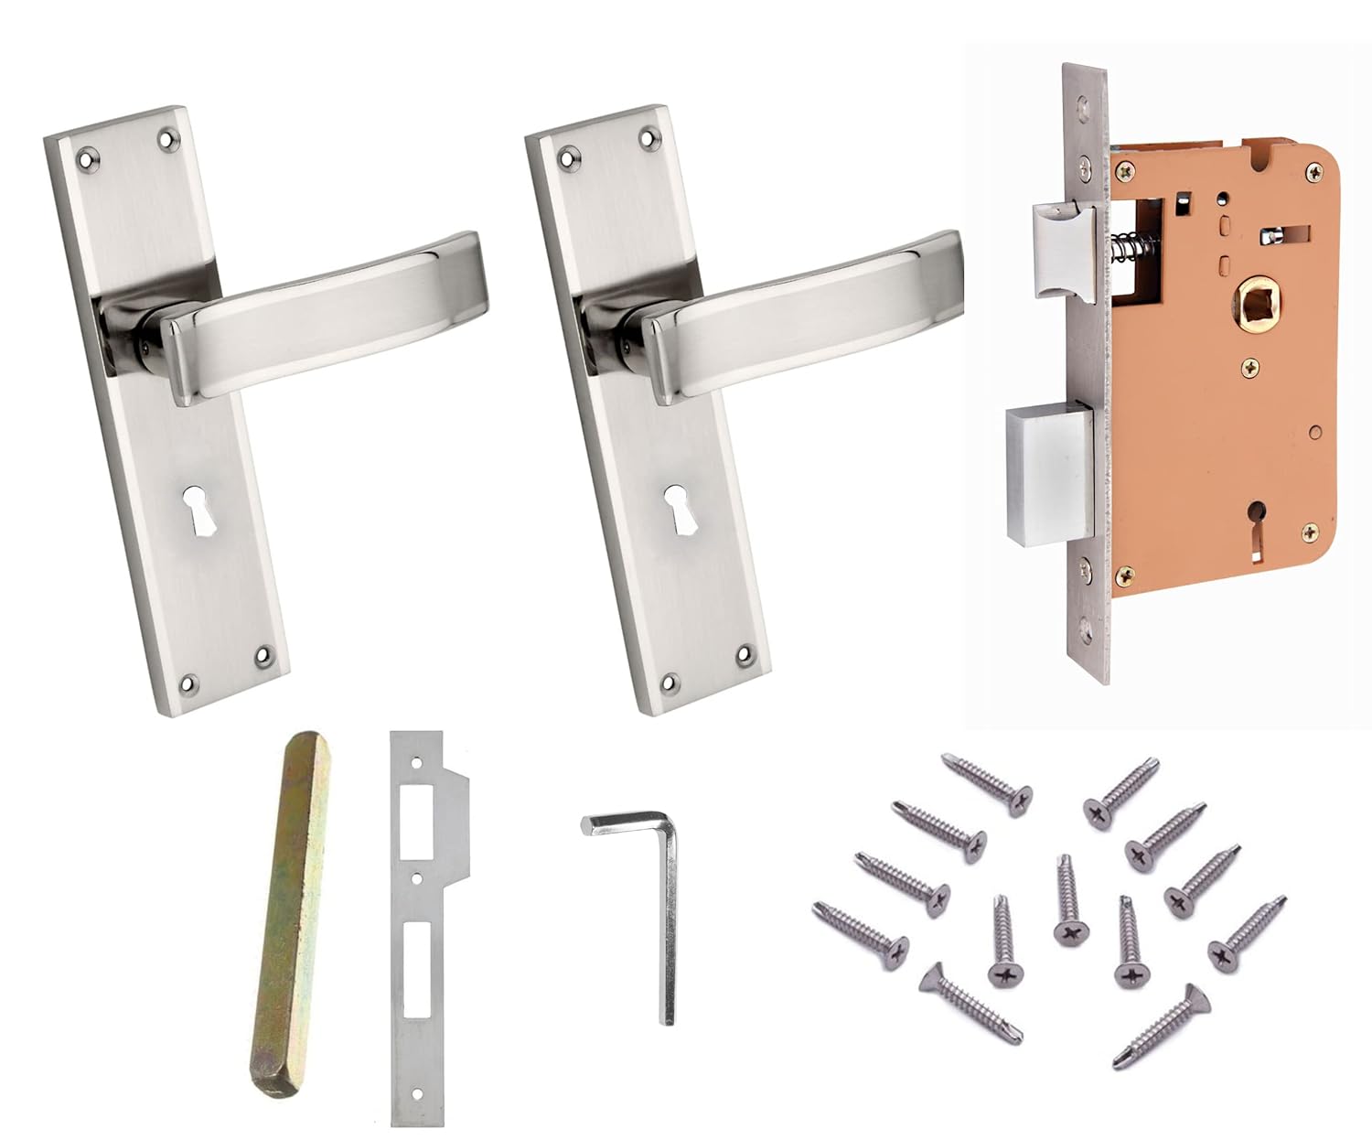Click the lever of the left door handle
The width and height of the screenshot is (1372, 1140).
329,320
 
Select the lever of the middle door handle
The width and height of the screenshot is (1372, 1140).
805,320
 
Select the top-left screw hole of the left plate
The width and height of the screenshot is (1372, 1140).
87,157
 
